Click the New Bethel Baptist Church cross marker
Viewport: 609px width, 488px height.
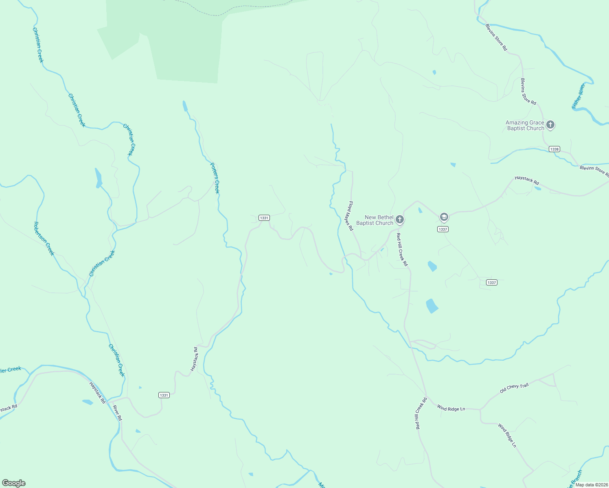400,220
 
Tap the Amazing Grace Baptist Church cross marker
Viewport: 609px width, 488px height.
550,125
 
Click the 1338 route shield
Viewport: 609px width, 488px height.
554,149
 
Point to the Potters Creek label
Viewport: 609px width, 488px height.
215,178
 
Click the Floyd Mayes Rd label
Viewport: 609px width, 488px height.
350,216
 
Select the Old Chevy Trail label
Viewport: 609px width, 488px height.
514,388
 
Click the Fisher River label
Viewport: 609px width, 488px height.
578,96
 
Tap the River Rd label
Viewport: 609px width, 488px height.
117,413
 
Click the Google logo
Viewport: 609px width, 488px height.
14,483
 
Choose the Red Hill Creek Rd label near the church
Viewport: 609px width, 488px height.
402,250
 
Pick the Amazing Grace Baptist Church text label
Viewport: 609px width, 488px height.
525,125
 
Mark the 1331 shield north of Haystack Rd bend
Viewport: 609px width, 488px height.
264,218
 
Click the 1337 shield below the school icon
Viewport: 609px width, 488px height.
443,229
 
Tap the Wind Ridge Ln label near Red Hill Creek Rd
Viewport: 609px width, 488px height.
451,408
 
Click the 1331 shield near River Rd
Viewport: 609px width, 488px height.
164,395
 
